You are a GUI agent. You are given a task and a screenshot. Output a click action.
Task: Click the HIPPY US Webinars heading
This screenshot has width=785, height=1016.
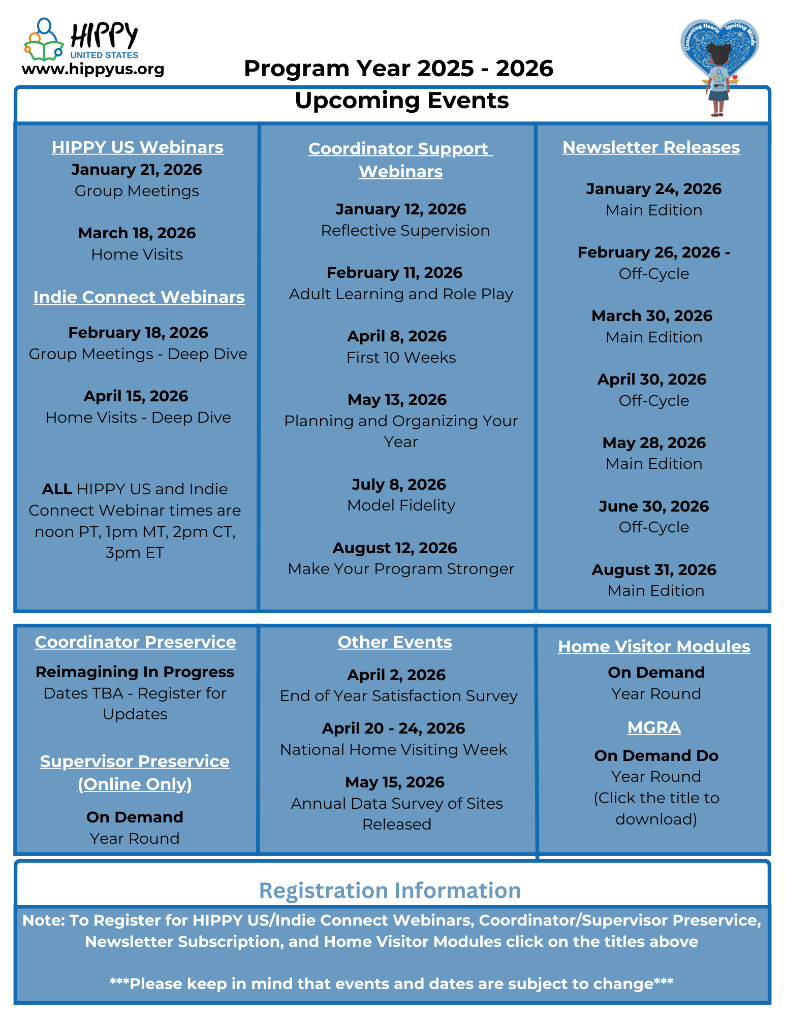137,147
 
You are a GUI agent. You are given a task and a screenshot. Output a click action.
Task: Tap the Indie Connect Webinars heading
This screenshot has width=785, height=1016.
139,297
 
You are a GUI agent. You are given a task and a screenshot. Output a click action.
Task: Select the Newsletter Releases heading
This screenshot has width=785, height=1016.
651,147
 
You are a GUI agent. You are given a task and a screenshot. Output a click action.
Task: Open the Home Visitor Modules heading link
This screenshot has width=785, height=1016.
654,647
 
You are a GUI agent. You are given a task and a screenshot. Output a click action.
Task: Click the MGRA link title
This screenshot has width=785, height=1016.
654,727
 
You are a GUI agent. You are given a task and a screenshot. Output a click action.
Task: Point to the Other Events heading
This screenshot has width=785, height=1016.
395,642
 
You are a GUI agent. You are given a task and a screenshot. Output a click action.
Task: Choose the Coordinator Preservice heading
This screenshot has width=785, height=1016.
135,642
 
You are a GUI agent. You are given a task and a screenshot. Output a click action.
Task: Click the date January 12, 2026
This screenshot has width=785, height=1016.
401,209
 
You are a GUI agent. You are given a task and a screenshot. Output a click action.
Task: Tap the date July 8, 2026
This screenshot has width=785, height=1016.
399,484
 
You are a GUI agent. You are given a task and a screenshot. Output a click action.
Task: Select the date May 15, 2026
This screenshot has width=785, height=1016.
395,782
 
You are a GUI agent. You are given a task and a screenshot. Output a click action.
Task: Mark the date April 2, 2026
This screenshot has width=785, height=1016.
396,675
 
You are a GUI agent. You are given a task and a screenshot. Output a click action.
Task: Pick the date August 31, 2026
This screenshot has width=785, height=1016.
654,570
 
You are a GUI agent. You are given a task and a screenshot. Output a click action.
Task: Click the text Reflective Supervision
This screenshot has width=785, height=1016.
405,231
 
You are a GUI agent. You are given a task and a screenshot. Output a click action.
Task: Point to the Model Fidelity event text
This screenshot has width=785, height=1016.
401,505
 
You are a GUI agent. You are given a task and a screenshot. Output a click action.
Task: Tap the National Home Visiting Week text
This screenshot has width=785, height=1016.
394,750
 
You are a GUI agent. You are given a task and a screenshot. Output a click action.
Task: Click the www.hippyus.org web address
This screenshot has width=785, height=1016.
93,69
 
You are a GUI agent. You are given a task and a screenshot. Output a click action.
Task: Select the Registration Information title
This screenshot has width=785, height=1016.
390,891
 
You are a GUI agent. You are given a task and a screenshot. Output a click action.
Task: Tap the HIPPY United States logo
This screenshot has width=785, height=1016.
81,40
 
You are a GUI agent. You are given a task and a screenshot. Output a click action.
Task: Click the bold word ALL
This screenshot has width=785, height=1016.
57,489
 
